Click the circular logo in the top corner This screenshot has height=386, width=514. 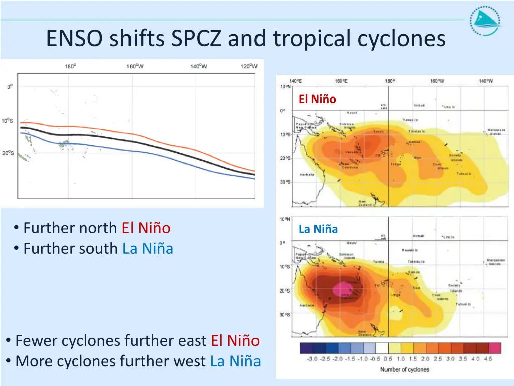(485, 21)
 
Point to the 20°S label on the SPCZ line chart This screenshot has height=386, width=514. (8, 153)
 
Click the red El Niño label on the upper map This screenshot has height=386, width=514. (317, 99)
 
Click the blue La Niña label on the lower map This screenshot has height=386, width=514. (318, 229)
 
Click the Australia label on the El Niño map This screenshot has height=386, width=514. (307, 174)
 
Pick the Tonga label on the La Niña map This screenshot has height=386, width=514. (395, 295)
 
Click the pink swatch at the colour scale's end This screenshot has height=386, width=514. (495, 349)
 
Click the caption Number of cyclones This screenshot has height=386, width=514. (405, 369)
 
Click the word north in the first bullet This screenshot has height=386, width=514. (100, 228)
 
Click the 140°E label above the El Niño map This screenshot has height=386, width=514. (296, 81)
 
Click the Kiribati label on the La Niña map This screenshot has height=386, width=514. (418, 235)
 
